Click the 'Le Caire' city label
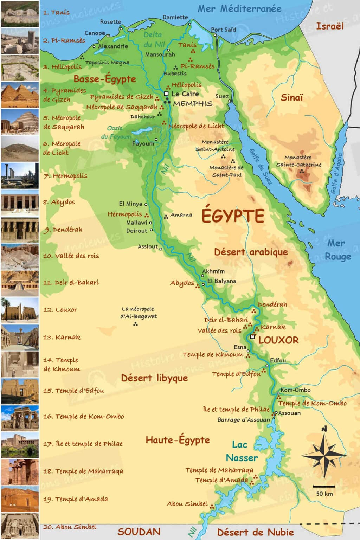pyautogui.click(x=185, y=94)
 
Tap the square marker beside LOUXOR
pyautogui.click(x=252, y=336)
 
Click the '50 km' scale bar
pyautogui.click(x=324, y=487)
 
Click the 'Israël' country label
pyautogui.click(x=329, y=26)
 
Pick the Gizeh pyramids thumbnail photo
pyautogui.click(x=20, y=95)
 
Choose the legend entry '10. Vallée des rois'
pyautogui.click(x=71, y=256)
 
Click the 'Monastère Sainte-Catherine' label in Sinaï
pyautogui.click(x=298, y=161)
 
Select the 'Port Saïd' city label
pyautogui.click(x=223, y=30)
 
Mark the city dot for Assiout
pyautogui.click(x=161, y=249)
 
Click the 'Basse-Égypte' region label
pyautogui.click(x=105, y=79)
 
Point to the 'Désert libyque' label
pyautogui.click(x=154, y=378)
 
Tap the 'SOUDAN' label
pyautogui.click(x=139, y=532)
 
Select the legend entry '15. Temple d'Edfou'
pyautogui.click(x=73, y=391)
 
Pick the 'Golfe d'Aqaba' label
pyautogui.click(x=336, y=173)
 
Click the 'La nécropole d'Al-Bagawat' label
pyautogui.click(x=139, y=313)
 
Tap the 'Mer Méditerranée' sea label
pyautogui.click(x=239, y=9)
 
